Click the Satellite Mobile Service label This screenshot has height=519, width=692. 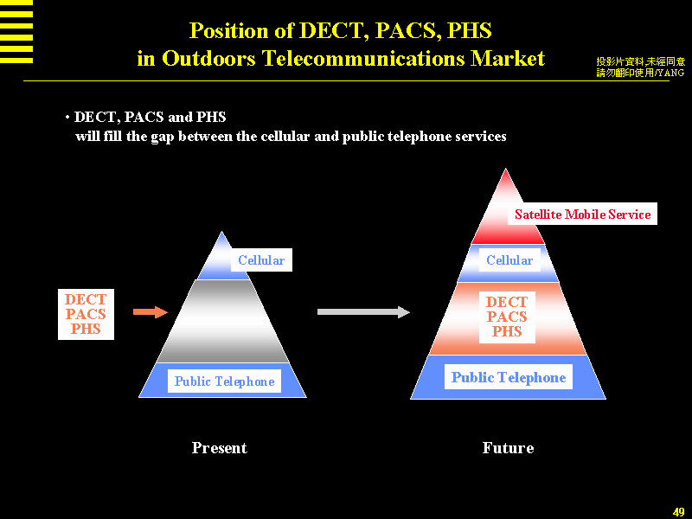tap(582, 215)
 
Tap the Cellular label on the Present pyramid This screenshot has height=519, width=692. tap(261, 260)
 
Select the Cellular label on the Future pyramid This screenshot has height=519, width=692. tap(509, 260)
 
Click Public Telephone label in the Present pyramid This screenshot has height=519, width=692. tap(224, 381)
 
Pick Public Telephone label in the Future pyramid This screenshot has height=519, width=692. tap(509, 377)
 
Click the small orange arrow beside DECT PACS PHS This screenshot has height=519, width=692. tap(150, 311)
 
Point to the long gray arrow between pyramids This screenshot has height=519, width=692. tap(363, 312)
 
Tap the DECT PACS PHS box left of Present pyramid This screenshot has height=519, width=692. tap(86, 315)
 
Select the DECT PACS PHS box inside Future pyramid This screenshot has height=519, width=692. tap(507, 317)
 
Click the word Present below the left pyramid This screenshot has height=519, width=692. tap(219, 448)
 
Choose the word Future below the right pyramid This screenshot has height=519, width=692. tap(508, 448)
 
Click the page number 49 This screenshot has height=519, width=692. tap(678, 512)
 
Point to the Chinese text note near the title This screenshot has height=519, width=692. tap(640, 67)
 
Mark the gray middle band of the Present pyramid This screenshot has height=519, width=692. tap(222, 320)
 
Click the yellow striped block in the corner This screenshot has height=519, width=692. tap(16, 31)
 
